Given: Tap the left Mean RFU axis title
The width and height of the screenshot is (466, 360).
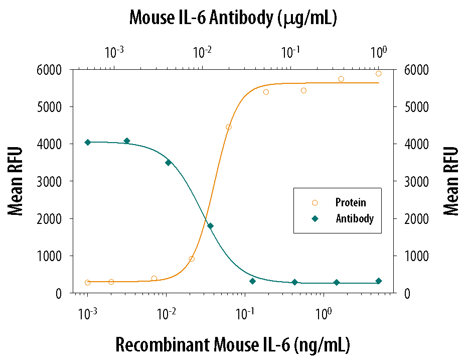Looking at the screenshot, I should coord(16,181).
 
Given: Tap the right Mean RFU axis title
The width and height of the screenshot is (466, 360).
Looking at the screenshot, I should coord(451,181).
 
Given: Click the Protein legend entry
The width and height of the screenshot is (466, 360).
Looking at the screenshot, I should coord(350,203).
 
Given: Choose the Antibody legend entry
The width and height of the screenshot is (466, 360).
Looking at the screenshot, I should coord(354,219).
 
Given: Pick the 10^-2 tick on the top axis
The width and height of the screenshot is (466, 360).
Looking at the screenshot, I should coord(202,52).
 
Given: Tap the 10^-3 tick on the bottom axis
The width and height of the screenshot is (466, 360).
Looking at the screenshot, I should coord(88,314).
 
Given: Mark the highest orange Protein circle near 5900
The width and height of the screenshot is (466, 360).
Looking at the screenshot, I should coord(379,73).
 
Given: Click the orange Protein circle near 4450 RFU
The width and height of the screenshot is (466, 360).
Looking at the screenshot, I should coord(229,127).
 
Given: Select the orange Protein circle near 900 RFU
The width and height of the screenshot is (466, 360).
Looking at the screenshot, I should coord(192,259).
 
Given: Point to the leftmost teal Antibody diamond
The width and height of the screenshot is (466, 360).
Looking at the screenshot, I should coord(88,143).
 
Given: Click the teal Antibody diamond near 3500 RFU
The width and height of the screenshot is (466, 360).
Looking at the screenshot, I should coord(168,163).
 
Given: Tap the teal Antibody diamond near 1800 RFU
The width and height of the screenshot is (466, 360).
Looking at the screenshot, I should coord(210,226).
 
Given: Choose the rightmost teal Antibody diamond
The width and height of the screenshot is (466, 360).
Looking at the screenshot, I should coord(379,281).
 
